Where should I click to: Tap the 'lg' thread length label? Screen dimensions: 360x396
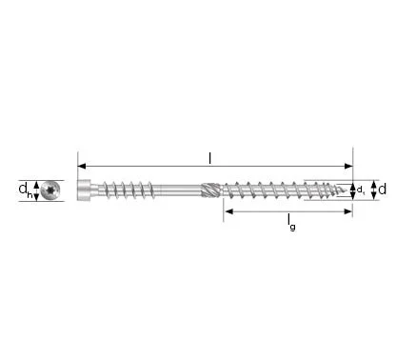[289, 224]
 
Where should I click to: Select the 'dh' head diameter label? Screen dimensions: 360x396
[22, 190]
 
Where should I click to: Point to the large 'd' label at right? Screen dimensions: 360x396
[383, 190]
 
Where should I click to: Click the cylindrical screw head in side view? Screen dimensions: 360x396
[86, 190]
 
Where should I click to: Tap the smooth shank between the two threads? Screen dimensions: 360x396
[171, 190]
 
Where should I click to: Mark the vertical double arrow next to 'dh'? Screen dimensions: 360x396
[35, 190]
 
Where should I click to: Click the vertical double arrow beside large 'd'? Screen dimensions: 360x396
[372, 190]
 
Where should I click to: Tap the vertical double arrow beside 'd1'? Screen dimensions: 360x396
[352, 190]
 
